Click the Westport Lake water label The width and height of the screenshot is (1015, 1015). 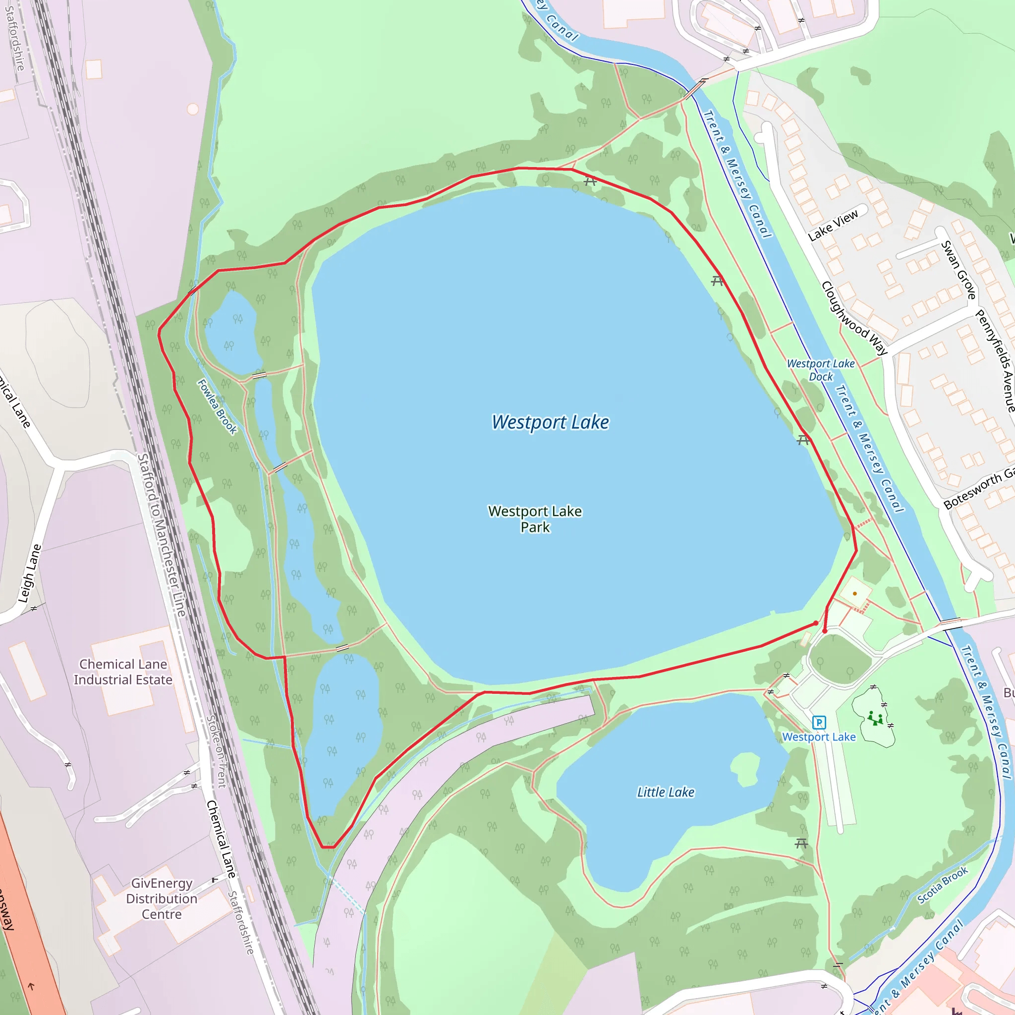[x=550, y=422]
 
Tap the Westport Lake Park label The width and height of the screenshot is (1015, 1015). [x=535, y=518]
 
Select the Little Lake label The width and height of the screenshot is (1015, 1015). [x=666, y=792]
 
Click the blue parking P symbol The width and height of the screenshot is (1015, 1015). [x=819, y=723]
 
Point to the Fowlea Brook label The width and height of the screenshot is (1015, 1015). [x=217, y=406]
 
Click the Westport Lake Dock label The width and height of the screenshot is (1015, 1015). [x=821, y=370]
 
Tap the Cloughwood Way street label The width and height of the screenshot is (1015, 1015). [x=854, y=318]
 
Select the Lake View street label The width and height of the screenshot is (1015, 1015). [x=833, y=225]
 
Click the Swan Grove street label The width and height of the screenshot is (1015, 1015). [x=959, y=270]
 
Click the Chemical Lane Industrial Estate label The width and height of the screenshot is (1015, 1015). [x=123, y=672]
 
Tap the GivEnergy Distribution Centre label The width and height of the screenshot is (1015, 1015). [x=162, y=899]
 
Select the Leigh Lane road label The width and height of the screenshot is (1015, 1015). [x=30, y=574]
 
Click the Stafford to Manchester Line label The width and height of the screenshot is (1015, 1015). [x=161, y=535]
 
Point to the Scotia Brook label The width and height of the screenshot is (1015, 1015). [x=943, y=885]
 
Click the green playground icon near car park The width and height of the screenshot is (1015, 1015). [x=875, y=718]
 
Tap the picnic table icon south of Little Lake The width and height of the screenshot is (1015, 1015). [x=801, y=843]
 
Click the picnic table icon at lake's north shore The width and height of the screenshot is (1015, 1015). [x=590, y=181]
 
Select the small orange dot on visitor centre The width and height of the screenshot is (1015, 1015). [x=855, y=594]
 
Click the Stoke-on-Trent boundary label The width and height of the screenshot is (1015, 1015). [x=216, y=752]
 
